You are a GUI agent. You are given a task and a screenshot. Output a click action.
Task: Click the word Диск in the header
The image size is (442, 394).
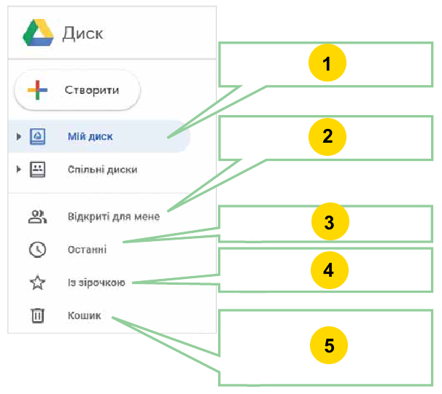click(x=82, y=34)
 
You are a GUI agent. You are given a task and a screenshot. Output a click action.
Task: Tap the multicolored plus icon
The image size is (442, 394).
click(x=37, y=90)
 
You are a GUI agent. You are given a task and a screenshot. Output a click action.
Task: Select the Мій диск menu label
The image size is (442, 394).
click(x=90, y=136)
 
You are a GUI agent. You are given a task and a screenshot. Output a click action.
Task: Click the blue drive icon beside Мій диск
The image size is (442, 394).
click(x=37, y=136)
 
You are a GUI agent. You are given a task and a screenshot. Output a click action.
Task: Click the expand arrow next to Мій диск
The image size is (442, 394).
click(x=19, y=136)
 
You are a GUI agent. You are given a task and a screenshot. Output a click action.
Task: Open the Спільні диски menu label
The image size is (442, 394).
click(x=102, y=170)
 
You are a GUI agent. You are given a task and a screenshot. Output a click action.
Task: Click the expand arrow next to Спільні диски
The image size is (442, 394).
click(x=19, y=170)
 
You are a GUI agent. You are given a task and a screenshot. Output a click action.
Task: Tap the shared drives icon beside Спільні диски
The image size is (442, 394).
click(x=37, y=170)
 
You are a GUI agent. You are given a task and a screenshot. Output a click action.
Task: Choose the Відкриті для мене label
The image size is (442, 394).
click(x=114, y=216)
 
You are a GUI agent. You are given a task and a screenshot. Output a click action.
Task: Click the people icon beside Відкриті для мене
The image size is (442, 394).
click(x=37, y=217)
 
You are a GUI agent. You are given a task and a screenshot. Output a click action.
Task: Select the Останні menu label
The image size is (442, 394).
click(x=87, y=250)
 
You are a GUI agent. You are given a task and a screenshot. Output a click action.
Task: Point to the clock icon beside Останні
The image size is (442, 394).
click(x=37, y=250)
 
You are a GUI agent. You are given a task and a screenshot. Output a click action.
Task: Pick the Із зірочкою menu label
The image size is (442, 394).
click(x=96, y=283)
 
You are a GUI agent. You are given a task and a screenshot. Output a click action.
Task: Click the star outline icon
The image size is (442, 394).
click(x=37, y=283)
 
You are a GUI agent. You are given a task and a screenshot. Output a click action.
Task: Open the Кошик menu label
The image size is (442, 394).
click(x=85, y=315)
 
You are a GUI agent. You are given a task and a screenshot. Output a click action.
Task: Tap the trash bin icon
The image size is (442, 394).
click(x=37, y=315)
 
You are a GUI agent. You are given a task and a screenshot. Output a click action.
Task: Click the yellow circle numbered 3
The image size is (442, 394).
click(x=330, y=221)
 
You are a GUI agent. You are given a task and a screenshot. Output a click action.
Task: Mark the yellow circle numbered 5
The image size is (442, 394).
click(x=329, y=345)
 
